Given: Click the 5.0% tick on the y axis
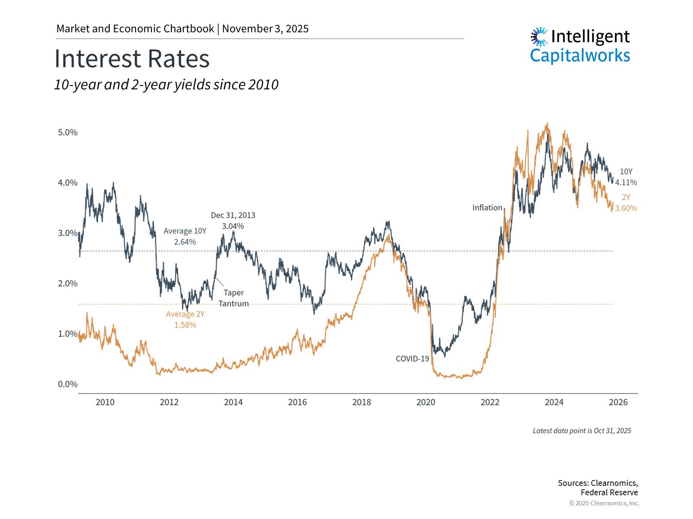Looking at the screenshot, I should click(x=67, y=132).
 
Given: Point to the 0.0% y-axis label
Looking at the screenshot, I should click(x=67, y=384).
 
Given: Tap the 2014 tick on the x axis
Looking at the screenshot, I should click(x=233, y=402).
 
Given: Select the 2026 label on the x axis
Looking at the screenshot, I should click(x=618, y=402).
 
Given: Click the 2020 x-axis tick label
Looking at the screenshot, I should click(x=426, y=402).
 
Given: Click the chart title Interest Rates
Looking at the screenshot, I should click(x=132, y=59).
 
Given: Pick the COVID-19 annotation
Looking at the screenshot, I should click(x=412, y=359).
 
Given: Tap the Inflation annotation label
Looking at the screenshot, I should click(x=487, y=208).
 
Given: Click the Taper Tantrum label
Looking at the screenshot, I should click(x=234, y=298).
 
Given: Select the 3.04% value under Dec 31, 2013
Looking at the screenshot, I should click(x=233, y=226).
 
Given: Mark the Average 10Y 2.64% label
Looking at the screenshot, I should click(x=185, y=236).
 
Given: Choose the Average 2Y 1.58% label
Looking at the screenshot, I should click(x=185, y=319).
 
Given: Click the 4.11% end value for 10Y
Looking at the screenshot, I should click(x=626, y=182).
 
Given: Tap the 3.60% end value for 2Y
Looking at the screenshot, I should click(x=626, y=208).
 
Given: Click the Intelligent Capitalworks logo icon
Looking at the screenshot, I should click(x=539, y=36).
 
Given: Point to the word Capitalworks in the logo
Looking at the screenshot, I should click(x=580, y=56).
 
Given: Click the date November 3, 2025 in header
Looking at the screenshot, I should click(x=265, y=29).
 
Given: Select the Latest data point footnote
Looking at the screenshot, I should click(x=582, y=431).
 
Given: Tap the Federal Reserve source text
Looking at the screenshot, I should click(x=609, y=492).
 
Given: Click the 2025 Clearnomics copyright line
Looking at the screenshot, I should click(x=604, y=503).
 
